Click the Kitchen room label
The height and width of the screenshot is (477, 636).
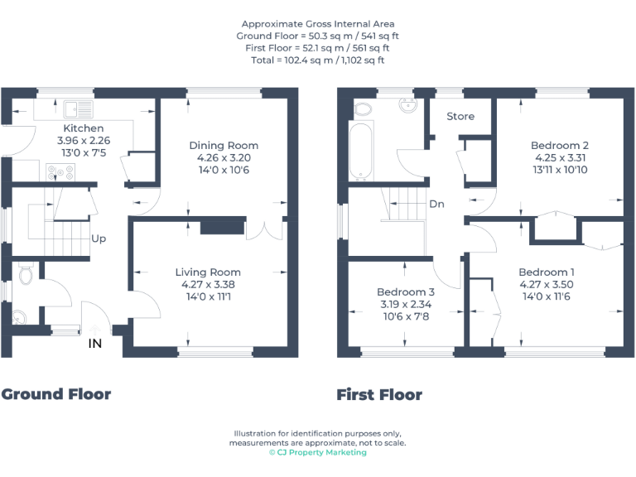pos(84,128)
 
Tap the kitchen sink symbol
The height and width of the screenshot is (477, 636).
pos(79,108)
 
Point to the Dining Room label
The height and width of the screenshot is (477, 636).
pos(224,146)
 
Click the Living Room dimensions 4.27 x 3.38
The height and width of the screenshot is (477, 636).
pos(208,284)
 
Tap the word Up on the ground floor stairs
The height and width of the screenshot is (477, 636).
pos(99,238)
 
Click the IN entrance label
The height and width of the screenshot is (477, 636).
pos(95,343)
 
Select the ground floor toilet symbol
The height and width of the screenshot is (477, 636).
pos(24,272)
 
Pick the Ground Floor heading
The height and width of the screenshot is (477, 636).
pos(56,394)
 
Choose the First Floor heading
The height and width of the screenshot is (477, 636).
pos(379,395)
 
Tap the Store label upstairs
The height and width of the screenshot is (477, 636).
pos(460,116)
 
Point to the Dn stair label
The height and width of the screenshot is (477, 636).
pos(436,203)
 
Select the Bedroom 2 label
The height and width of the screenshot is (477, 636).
pos(554,146)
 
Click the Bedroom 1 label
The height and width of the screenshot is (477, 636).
pos(547,272)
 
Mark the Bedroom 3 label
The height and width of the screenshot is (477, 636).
pos(406,292)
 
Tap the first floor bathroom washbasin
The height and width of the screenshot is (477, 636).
pos(407,107)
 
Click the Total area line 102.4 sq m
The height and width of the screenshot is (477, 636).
pos(318,60)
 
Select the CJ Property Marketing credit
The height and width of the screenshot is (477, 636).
pos(318,452)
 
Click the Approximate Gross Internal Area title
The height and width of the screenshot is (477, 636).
pos(318,24)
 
